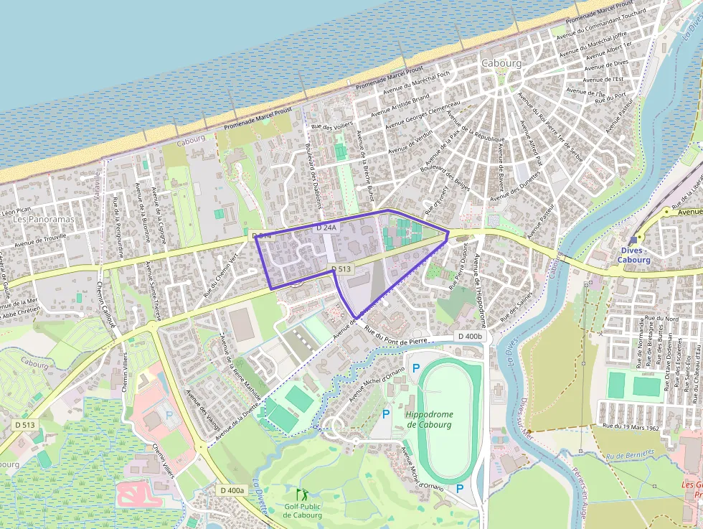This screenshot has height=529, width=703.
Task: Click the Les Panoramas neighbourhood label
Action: pos(44,219)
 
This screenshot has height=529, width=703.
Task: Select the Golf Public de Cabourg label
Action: pos(302,510)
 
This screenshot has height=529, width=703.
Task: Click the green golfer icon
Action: pos(301,494)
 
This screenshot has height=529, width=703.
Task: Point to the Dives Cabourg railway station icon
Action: pos(631,240)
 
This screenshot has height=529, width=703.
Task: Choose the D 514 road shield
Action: pos(262,235)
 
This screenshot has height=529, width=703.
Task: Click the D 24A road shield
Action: pos(326,228)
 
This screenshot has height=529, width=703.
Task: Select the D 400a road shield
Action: pos(232,490)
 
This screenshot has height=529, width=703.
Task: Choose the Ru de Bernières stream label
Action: pos(630,454)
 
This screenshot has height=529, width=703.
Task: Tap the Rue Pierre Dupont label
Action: pos(458,266)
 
